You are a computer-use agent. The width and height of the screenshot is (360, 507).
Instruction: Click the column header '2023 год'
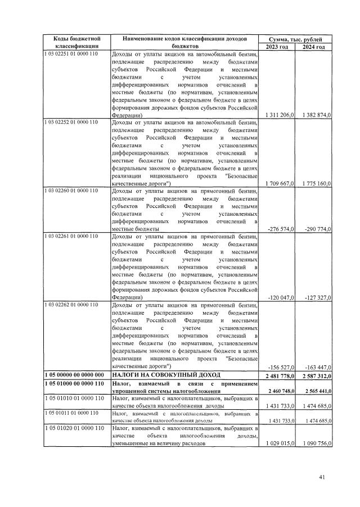click(276, 47)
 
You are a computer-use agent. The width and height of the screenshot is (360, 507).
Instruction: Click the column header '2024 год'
click(313, 47)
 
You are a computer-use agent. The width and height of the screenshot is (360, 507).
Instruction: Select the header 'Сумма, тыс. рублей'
click(295, 39)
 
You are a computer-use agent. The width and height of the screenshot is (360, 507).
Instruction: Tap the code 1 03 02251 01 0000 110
click(71, 54)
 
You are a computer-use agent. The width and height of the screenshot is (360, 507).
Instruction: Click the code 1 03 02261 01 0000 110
click(71, 236)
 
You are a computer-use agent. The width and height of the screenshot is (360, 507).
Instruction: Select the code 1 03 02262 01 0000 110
click(71, 305)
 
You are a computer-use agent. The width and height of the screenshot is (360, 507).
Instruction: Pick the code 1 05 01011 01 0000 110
click(71, 413)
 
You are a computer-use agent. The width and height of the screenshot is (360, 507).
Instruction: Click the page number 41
click(322, 477)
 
